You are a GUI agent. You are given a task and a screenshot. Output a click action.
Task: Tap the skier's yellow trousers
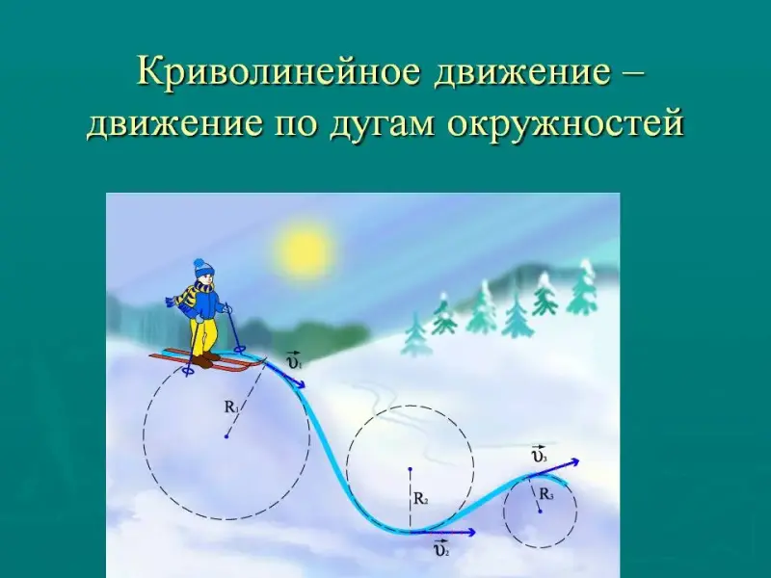[x=203, y=336]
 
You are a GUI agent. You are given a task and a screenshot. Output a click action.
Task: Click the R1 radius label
[x=231, y=407]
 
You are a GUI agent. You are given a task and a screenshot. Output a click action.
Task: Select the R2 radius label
[x=420, y=499]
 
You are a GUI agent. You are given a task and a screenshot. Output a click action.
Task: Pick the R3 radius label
[x=546, y=494]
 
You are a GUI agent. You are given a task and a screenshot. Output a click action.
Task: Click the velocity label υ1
[x=294, y=360]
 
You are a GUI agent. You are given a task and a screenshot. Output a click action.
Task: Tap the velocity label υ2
[x=441, y=548]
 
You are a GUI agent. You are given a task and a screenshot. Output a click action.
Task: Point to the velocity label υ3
[x=540, y=454]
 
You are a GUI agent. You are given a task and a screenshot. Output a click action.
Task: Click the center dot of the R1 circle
[x=226, y=436]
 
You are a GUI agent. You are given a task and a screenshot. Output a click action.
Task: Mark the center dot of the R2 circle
[x=410, y=468]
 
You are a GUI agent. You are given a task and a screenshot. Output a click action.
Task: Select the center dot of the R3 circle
[x=540, y=512]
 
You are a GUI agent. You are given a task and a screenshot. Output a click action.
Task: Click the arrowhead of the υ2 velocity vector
[x=471, y=532]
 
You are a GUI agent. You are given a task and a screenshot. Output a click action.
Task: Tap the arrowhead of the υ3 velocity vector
[x=574, y=461]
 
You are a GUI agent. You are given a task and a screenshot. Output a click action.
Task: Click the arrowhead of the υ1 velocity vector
[x=300, y=383]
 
